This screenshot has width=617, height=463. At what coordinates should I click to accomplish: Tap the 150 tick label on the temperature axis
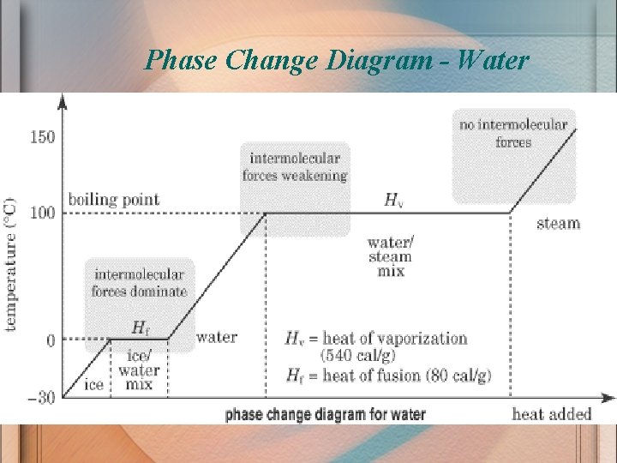pos(42,136)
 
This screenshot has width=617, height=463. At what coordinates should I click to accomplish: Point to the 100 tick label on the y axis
pos(42,213)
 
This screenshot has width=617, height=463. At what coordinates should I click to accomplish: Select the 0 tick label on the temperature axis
pos(51,340)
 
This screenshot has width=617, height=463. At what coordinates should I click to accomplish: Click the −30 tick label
pos(40,397)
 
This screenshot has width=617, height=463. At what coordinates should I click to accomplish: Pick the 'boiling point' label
pos(114,199)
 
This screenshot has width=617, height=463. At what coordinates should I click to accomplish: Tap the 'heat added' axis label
pos(552,414)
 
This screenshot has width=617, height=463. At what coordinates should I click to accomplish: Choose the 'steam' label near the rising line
pos(558,224)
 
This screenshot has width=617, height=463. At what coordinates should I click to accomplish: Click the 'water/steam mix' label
pos(390,256)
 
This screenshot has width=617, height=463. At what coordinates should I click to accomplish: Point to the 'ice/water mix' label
pos(139,370)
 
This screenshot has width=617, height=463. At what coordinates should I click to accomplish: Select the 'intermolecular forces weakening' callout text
pos(295,166)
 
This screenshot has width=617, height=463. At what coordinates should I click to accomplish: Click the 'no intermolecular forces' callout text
pos(513,133)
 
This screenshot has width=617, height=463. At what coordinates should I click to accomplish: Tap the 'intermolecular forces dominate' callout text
pos(139,283)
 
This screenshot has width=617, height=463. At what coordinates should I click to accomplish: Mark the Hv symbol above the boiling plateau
pos(393,201)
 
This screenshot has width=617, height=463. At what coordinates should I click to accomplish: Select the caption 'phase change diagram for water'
pos(325,414)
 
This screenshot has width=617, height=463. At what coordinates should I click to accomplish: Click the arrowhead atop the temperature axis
pos(62,100)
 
